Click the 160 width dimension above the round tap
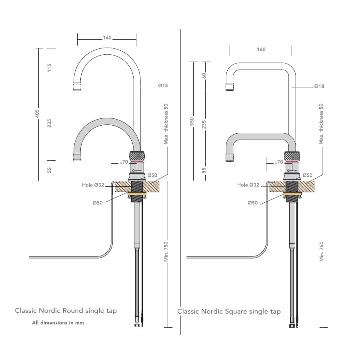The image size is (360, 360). pos(107,38)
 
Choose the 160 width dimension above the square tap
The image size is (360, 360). pos(261,50)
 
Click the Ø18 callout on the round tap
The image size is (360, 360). pos(163,86)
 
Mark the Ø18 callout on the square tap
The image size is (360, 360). pos(319,86)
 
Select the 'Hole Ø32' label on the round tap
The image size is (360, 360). pos(93,185)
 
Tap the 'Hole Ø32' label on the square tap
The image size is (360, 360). pos(248,185)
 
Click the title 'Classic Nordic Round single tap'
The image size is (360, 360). pos(66,310)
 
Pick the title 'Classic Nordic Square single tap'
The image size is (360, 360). pos(229,311)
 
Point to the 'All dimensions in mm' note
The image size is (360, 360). pos(58,322)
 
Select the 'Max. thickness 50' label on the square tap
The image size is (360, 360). pos(321,124)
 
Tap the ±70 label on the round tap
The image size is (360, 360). pos(123,162)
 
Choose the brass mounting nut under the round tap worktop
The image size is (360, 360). pos(137,194)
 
